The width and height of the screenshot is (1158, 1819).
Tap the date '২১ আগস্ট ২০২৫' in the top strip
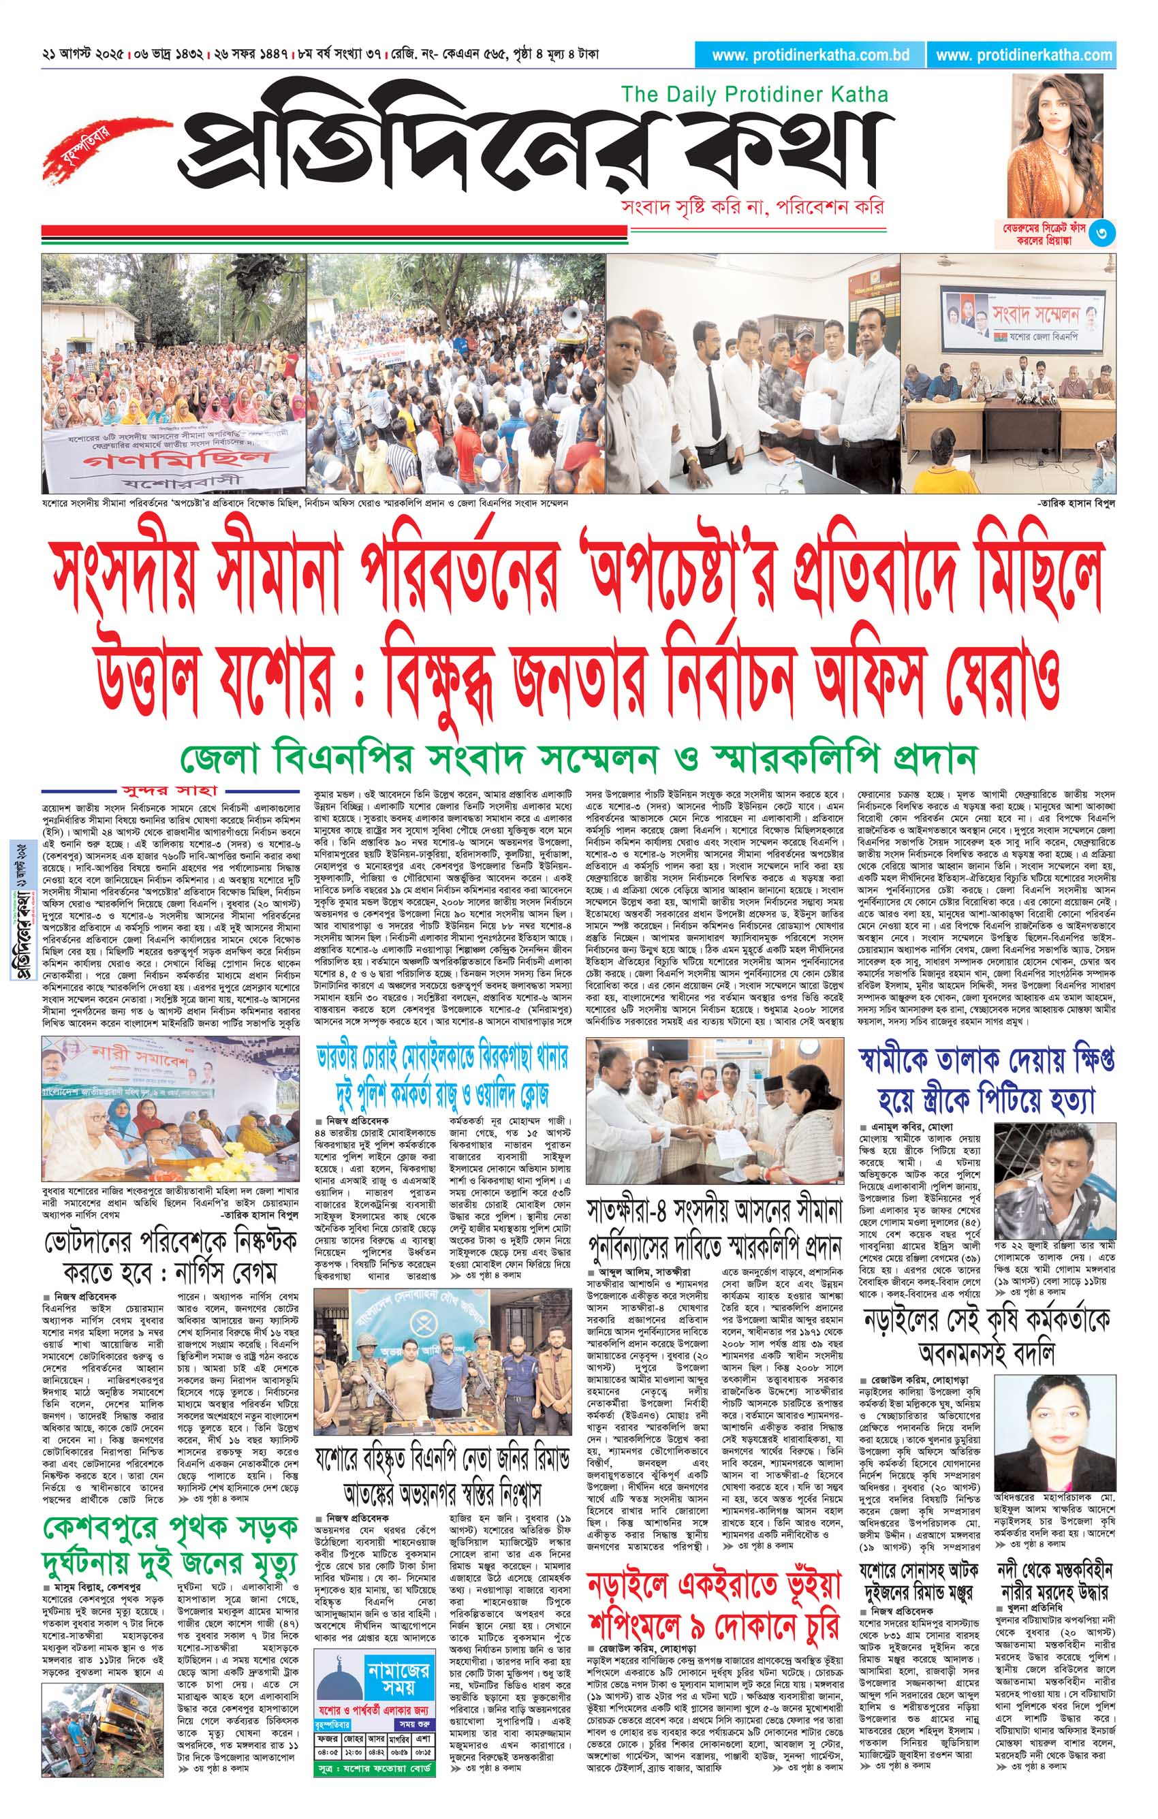83,55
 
